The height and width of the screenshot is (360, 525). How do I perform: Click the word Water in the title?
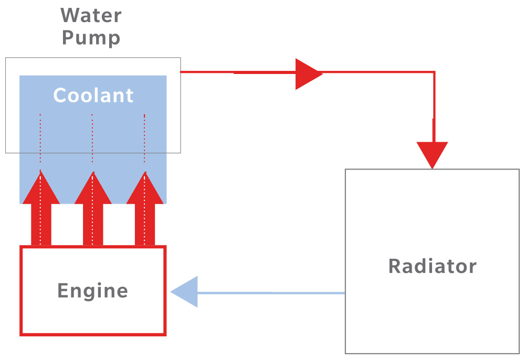pyautogui.click(x=91, y=15)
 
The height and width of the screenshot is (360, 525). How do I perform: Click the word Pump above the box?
pyautogui.click(x=91, y=38)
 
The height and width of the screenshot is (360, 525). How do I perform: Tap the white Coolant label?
pyautogui.click(x=93, y=96)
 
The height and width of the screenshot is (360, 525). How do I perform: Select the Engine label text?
pyautogui.click(x=92, y=291)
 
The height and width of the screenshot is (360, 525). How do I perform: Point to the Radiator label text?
pyautogui.click(x=432, y=266)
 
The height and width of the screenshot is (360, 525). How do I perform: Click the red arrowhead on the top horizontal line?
pyautogui.click(x=307, y=73)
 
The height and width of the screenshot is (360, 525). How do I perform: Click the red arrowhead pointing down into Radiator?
pyautogui.click(x=432, y=154)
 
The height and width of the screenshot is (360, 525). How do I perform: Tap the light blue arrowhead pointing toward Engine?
pyautogui.click(x=185, y=292)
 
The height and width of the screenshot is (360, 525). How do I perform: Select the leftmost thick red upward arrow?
pyautogui.click(x=41, y=210)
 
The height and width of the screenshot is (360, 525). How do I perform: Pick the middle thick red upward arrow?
pyautogui.click(x=93, y=210)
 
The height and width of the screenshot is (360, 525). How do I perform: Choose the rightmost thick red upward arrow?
pyautogui.click(x=145, y=210)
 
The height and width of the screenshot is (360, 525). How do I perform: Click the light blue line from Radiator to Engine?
pyautogui.click(x=273, y=292)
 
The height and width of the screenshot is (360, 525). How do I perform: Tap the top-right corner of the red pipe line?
pyautogui.click(x=434, y=72)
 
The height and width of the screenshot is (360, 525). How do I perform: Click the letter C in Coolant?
pyautogui.click(x=60, y=96)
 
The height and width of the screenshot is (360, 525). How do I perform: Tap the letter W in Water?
pyautogui.click(x=70, y=15)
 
